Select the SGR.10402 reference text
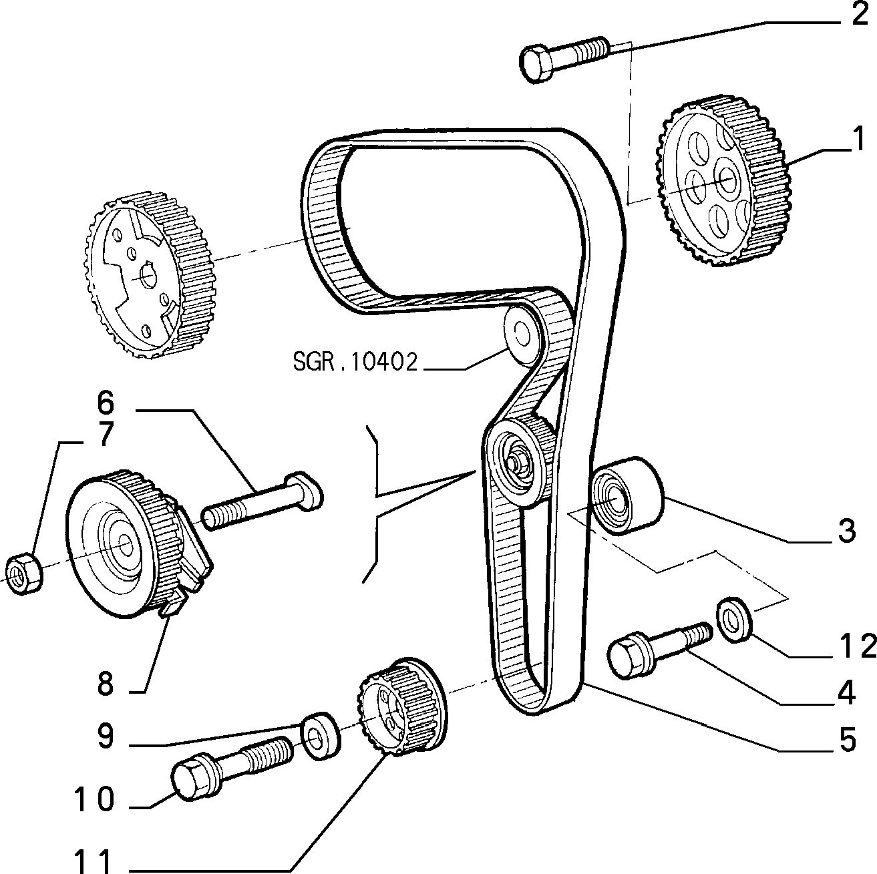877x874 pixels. [x=355, y=363]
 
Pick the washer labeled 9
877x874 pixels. [x=321, y=736]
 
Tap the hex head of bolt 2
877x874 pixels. [x=538, y=63]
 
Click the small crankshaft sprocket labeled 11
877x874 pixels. [x=401, y=710]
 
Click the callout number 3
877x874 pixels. [x=847, y=531]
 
